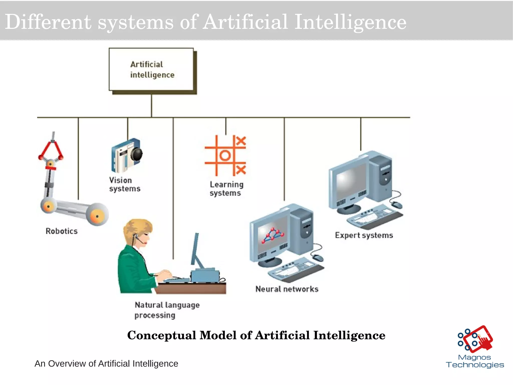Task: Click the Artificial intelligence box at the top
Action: point(152,69)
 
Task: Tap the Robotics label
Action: point(62,231)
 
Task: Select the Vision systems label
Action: point(124,184)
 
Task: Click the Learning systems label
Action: point(226,189)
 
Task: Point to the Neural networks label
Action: point(287,289)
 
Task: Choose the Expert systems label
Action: point(364,235)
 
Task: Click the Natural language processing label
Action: point(167,310)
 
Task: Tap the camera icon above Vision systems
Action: point(126,156)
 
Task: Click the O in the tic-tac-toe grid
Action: point(225,155)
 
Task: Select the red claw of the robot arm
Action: point(51,150)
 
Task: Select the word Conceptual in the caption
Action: point(161,335)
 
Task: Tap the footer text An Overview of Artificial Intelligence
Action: point(106,363)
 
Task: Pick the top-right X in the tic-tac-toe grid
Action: point(241,141)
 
